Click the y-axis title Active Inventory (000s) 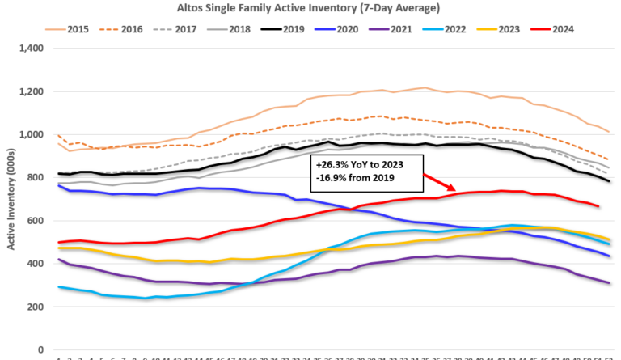pyautogui.click(x=11, y=198)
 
